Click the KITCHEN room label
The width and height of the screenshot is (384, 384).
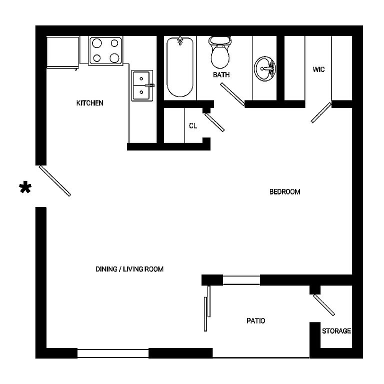point(89,103)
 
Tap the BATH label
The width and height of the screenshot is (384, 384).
point(221,75)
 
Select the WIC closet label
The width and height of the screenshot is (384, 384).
point(318,69)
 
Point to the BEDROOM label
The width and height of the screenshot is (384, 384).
point(284,191)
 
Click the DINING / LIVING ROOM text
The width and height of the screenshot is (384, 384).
point(129,269)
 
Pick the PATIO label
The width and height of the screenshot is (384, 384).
point(255,320)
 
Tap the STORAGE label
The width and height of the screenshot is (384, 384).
point(336,331)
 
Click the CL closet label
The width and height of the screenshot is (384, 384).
point(192,126)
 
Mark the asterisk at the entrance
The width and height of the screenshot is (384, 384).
point(25,188)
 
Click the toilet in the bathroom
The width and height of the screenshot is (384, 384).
point(219,52)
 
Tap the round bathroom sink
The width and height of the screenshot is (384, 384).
point(265,68)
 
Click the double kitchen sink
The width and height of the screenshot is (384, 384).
point(142,85)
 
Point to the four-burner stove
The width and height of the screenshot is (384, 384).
point(106,50)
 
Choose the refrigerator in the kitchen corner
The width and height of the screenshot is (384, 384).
point(62,52)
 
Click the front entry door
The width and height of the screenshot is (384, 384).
point(55,180)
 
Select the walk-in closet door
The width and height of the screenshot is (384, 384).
point(321,112)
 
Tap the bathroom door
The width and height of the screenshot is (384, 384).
point(232,94)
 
